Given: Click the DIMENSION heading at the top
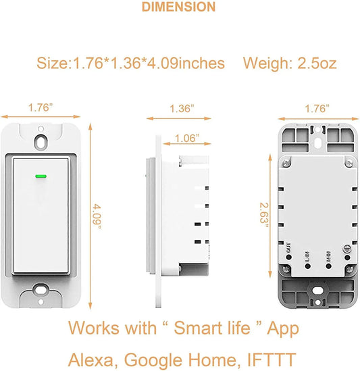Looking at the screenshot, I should point(180,7).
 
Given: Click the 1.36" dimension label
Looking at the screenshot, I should point(180,108).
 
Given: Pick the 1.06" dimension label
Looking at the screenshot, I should point(186,139).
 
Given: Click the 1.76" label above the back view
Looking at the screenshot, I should point(316,108).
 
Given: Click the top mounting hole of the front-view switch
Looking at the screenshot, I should point(41,141).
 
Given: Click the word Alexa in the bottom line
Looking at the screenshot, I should point(94,356).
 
